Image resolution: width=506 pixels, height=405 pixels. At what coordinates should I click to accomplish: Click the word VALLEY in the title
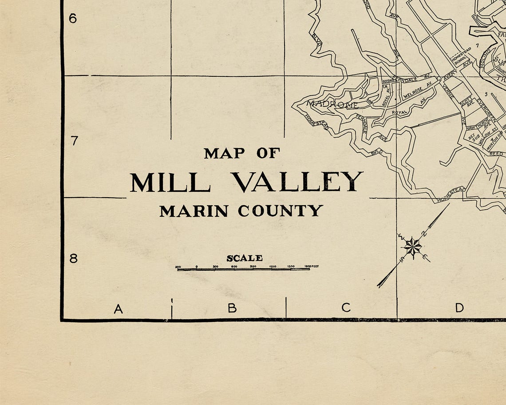pyautogui.click(x=298, y=182)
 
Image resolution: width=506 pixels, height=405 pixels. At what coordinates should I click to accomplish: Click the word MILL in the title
pyautogui.click(x=170, y=182)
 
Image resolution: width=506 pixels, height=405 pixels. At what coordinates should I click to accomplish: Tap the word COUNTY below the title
pyautogui.click(x=280, y=211)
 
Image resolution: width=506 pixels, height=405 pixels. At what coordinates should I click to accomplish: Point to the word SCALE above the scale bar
pyautogui.click(x=245, y=258)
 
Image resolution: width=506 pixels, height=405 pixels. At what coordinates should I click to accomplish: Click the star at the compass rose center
pyautogui.click(x=413, y=247)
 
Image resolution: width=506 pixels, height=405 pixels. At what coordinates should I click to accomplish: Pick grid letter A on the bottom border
pyautogui.click(x=118, y=309)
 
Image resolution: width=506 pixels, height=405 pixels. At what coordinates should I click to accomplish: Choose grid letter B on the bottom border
pyautogui.click(x=232, y=308)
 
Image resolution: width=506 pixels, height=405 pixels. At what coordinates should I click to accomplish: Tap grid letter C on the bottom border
pyautogui.click(x=346, y=307)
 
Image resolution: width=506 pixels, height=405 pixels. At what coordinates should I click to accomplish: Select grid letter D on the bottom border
pyautogui.click(x=459, y=307)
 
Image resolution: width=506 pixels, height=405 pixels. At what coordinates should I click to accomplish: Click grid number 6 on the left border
pyautogui.click(x=73, y=19)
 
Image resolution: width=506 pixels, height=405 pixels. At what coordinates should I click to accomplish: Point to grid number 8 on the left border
pyautogui.click(x=73, y=258)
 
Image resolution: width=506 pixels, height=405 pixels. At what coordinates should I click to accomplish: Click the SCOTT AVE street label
pyautogui.click(x=466, y=103)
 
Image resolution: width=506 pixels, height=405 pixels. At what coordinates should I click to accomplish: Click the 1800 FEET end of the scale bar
pyautogui.click(x=312, y=266)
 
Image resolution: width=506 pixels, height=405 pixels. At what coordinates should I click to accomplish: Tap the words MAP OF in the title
pyautogui.click(x=242, y=154)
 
